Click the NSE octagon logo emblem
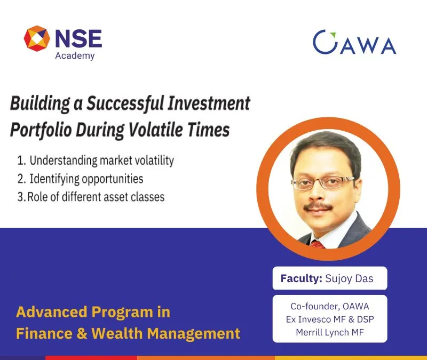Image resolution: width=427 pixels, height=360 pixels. point(37,38)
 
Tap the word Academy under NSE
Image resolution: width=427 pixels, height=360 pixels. point(75,56)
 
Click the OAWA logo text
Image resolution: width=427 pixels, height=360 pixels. point(354,43)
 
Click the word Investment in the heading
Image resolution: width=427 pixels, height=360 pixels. point(209,103)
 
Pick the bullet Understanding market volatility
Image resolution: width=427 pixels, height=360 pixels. point(96,161)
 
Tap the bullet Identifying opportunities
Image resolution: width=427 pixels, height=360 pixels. point(80,179)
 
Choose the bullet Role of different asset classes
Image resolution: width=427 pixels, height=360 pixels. point(91,197)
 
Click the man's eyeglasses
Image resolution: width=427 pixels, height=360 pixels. point(323,183)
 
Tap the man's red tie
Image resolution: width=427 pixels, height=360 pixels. point(317,244)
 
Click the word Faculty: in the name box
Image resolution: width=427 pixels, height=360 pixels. point(302,278)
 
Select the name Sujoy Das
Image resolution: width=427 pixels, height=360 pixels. point(350,279)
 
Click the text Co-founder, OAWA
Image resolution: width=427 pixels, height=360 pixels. point(330,306)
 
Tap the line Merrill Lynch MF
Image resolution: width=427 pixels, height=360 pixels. point(330,332)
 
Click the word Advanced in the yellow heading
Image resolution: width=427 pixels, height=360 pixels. point(52,312)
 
